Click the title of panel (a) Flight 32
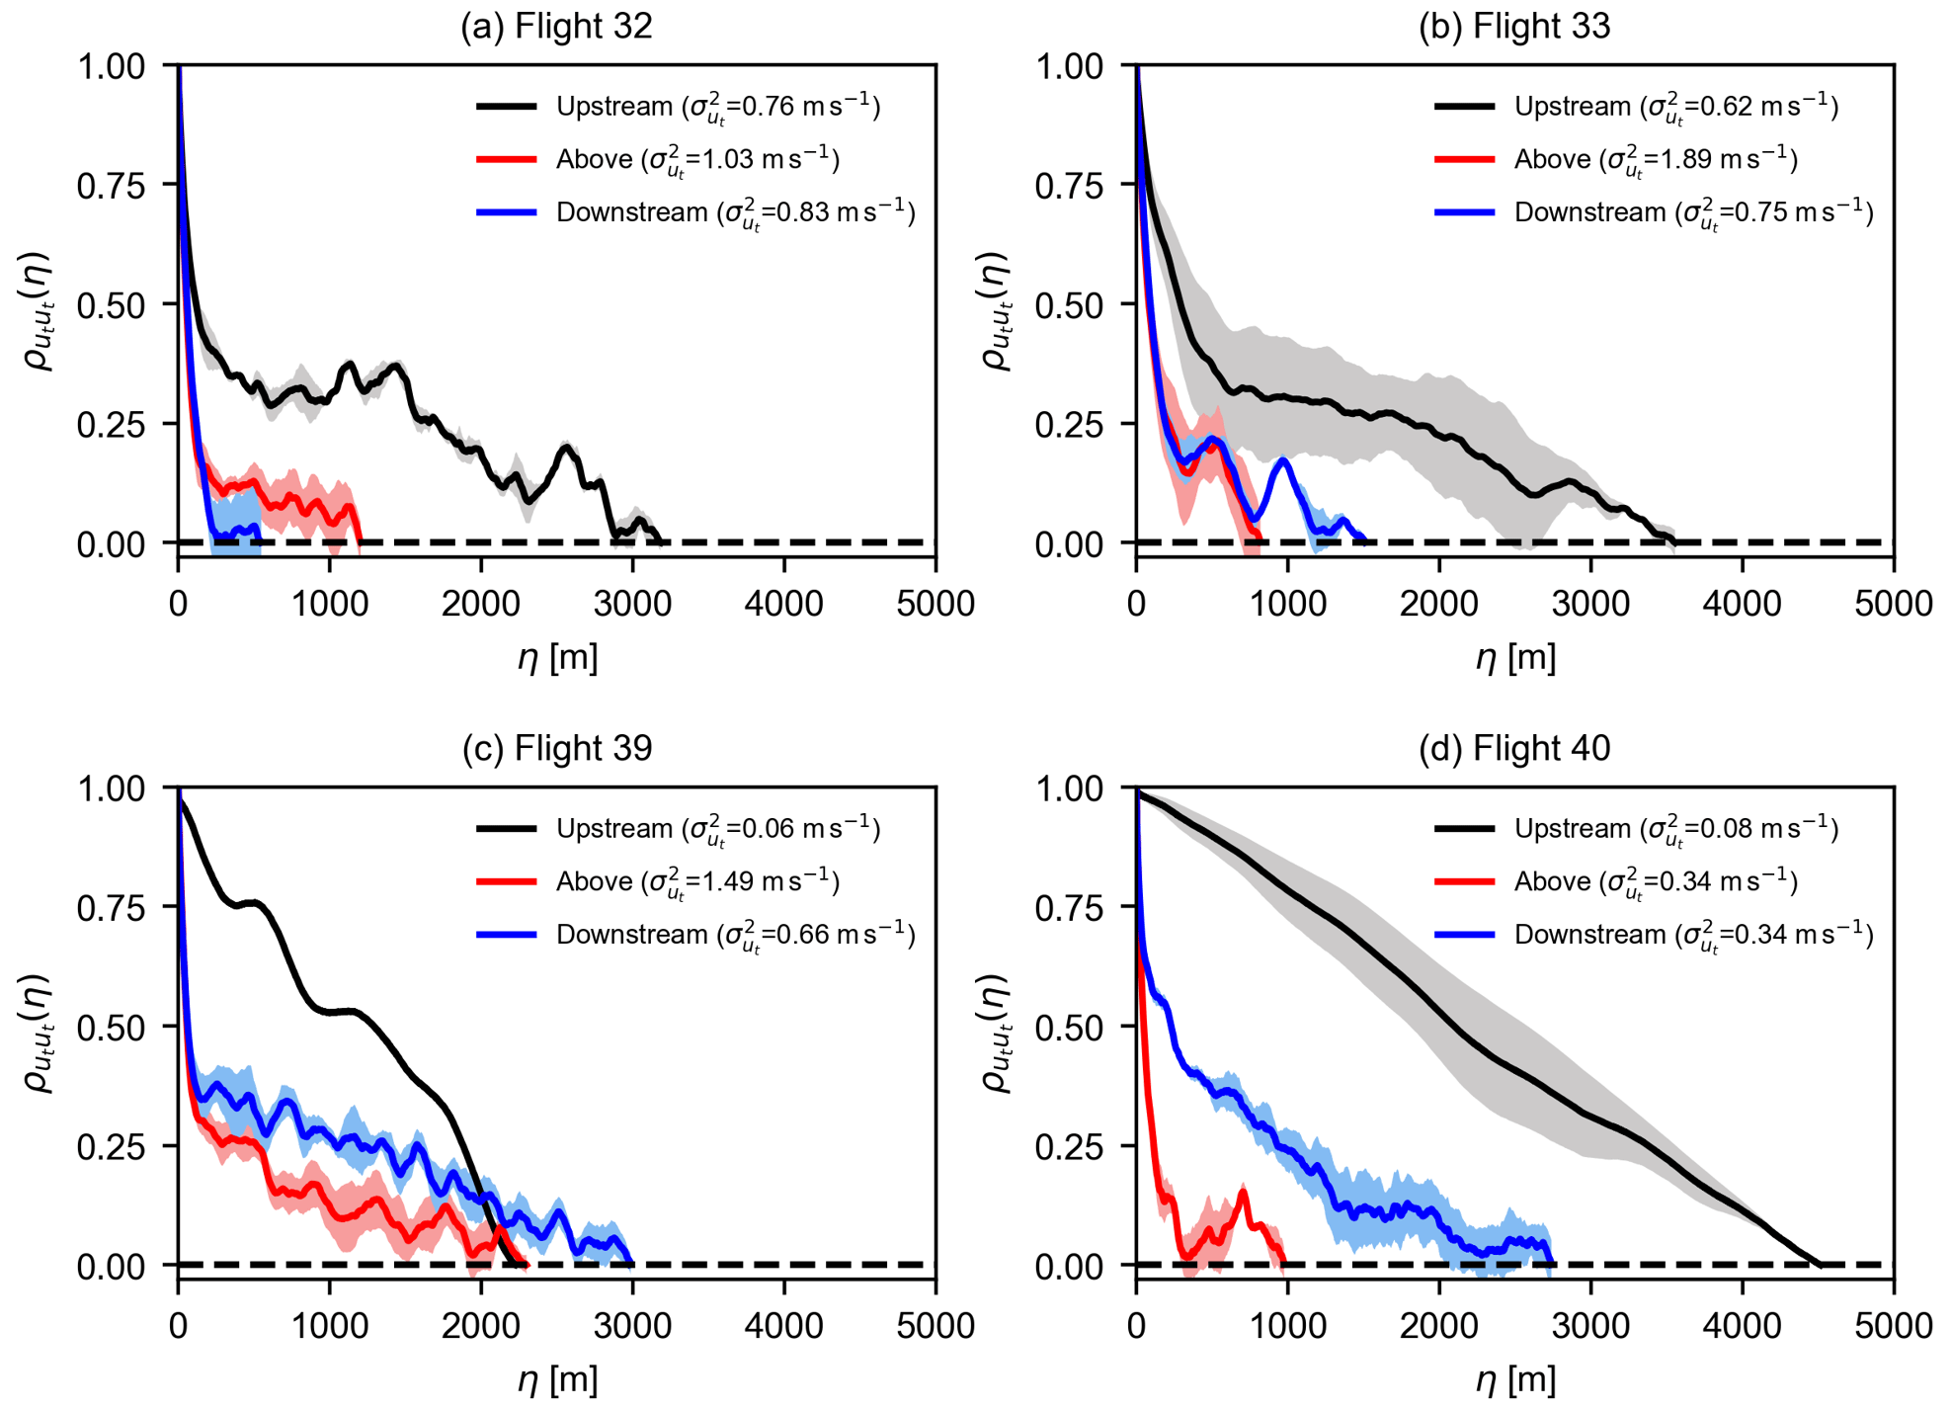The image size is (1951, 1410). (556, 26)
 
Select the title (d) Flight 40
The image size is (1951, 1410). (1513, 748)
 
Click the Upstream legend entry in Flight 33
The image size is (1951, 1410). (1636, 107)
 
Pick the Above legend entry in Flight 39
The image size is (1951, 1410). (657, 881)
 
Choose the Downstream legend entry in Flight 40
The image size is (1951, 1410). (1654, 935)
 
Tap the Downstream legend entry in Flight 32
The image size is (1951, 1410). (695, 212)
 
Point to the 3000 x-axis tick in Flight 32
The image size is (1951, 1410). (632, 603)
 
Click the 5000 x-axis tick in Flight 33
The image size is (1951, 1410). (1893, 603)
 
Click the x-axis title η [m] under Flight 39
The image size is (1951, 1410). (557, 1379)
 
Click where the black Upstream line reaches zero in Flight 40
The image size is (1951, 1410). (1820, 1264)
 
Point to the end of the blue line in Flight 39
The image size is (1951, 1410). (631, 1263)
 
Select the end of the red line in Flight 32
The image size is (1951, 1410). (360, 541)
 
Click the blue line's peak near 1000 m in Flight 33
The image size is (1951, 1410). (1283, 460)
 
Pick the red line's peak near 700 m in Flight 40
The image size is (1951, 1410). (1244, 1193)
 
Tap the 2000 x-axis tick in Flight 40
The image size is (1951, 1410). (1438, 1325)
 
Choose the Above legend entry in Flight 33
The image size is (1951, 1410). (1615, 160)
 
